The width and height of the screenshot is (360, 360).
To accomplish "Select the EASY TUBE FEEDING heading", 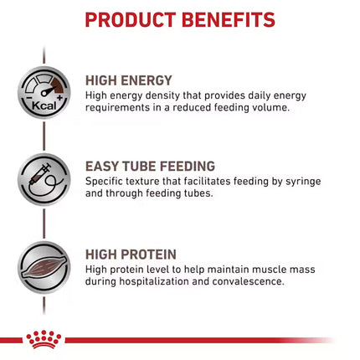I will [149, 166].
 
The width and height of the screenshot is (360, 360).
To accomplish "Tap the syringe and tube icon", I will [44, 180].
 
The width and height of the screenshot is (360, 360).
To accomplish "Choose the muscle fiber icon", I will [44, 265].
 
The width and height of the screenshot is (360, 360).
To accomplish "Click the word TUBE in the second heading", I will [145, 166].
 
